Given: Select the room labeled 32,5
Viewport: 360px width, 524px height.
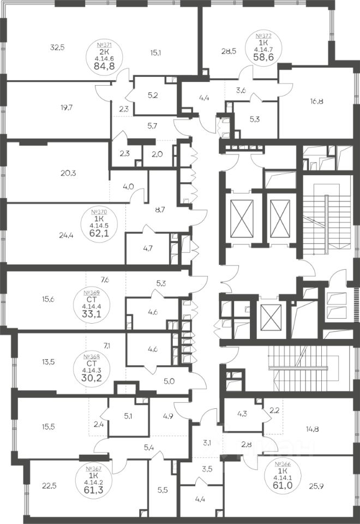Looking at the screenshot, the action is [57, 47].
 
